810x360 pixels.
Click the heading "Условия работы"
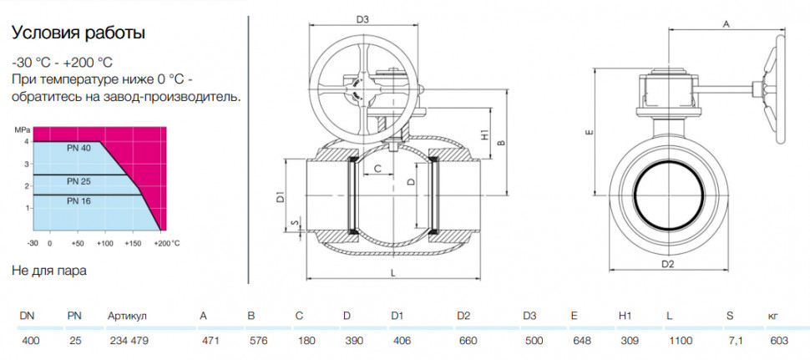[78, 33]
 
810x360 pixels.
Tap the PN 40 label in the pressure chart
[78, 148]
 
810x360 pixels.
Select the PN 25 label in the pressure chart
[78, 181]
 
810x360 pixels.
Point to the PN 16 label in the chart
[78, 201]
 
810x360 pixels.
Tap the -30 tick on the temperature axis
[33, 243]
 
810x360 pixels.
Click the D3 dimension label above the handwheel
[362, 20]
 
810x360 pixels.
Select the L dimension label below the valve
[393, 274]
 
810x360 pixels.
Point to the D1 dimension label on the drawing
[280, 197]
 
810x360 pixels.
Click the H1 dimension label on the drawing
[484, 135]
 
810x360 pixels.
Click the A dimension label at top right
[726, 24]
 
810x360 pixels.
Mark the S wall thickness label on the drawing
[295, 223]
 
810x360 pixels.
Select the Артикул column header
[128, 316]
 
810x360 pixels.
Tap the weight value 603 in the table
[779, 341]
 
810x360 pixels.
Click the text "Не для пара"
[48, 271]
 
